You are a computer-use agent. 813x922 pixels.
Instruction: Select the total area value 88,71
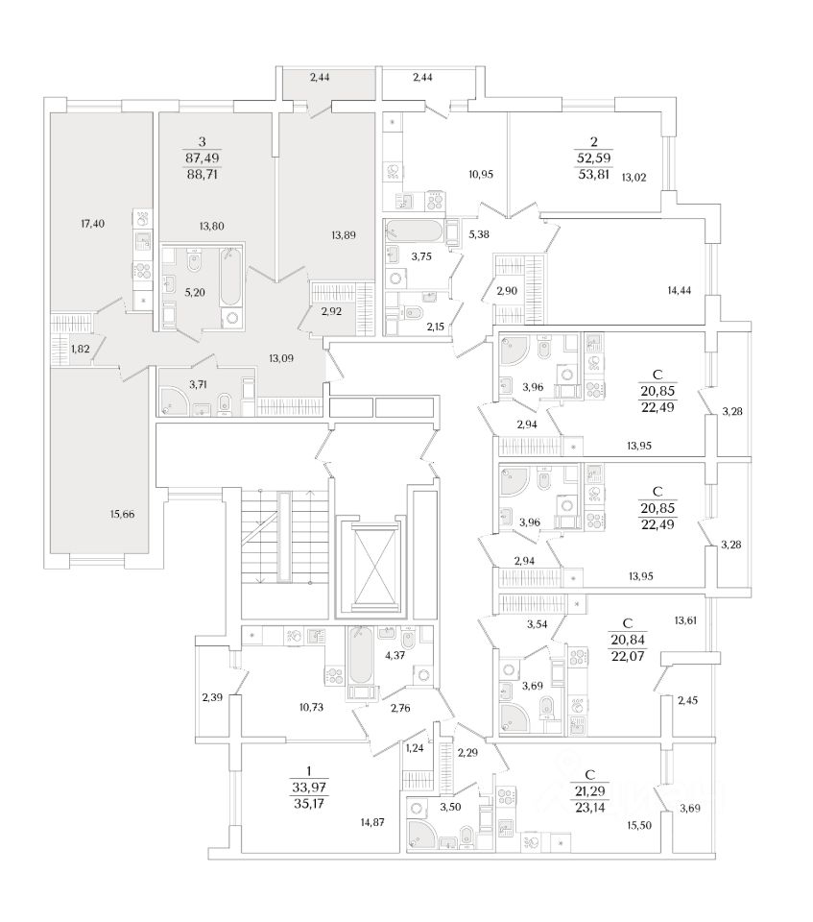[203, 175]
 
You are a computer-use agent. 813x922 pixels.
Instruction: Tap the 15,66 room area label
[122, 515]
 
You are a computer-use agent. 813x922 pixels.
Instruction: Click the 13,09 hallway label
[280, 360]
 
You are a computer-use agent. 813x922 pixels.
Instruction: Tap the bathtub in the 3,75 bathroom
[414, 231]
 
